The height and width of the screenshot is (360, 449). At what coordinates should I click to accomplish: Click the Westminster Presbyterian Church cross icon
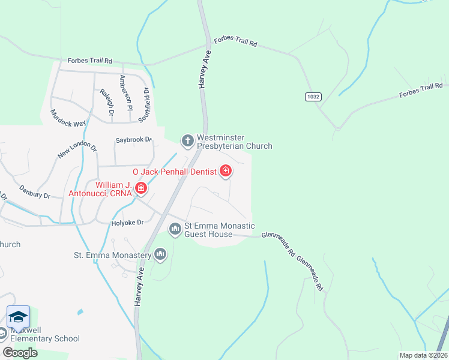pos(187,142)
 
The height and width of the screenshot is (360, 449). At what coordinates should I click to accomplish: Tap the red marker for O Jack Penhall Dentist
pos(226,172)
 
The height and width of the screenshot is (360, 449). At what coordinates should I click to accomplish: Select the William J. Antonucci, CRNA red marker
pos(140,189)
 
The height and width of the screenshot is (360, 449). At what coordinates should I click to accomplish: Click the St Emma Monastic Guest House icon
pos(175,229)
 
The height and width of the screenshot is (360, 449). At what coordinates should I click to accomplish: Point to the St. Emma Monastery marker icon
pos(160,255)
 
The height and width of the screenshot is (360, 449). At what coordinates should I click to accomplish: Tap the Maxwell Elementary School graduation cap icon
pos(18,317)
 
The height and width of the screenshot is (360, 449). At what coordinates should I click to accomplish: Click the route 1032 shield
pos(312,96)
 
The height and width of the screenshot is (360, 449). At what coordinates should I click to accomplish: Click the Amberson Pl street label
pos(125,93)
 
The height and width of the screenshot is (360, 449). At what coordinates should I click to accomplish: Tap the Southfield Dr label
pos(143,104)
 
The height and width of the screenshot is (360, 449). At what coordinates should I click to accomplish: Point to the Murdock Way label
pos(68,118)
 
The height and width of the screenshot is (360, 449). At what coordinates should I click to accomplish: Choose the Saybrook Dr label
pos(134,140)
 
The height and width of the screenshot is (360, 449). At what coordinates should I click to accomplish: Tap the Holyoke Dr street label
pos(128,223)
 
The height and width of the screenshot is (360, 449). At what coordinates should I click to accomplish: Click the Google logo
pos(20,353)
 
